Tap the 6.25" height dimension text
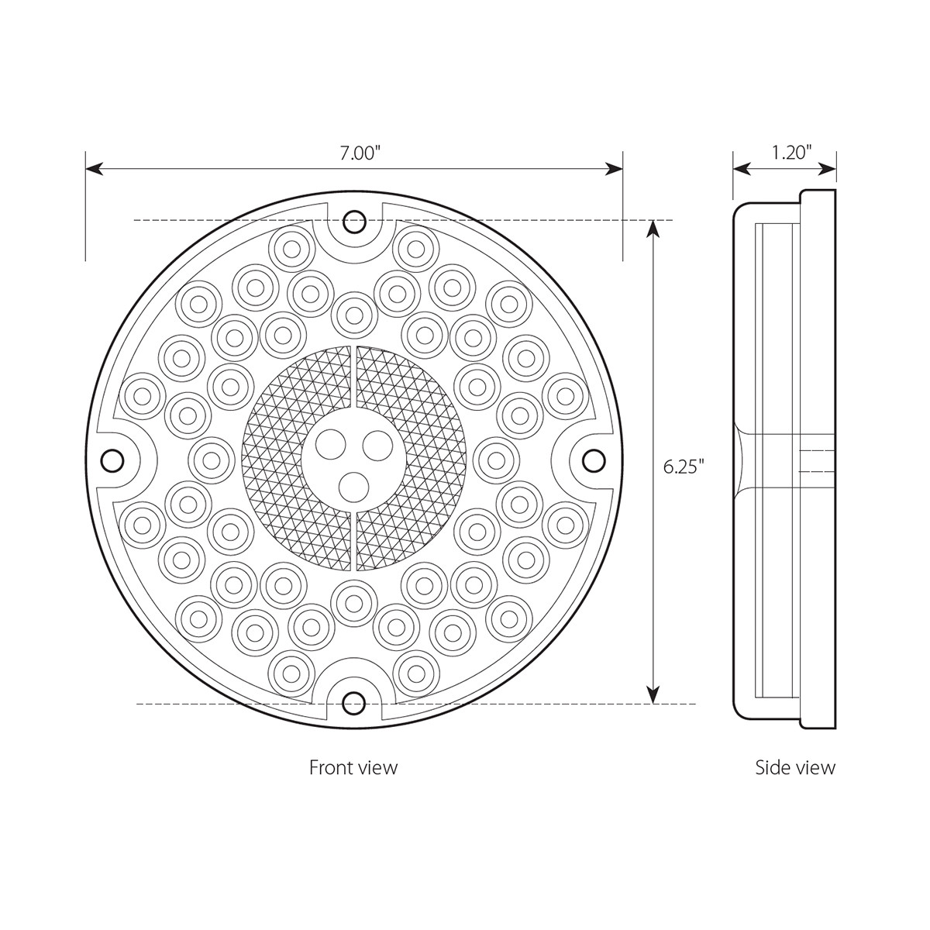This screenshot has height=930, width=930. coord(684,467)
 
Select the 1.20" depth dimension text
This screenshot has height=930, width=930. coord(790,152)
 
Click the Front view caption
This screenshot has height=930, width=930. coord(353,767)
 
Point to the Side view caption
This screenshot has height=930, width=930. coord(795,767)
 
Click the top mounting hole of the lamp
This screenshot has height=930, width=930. coord(355,221)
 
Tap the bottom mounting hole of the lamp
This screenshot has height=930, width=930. coord(355,702)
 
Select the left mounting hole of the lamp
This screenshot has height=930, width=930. coord(114,460)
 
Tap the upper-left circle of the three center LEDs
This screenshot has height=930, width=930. coord(332,445)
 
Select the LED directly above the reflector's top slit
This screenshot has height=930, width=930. coord(355,312)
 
